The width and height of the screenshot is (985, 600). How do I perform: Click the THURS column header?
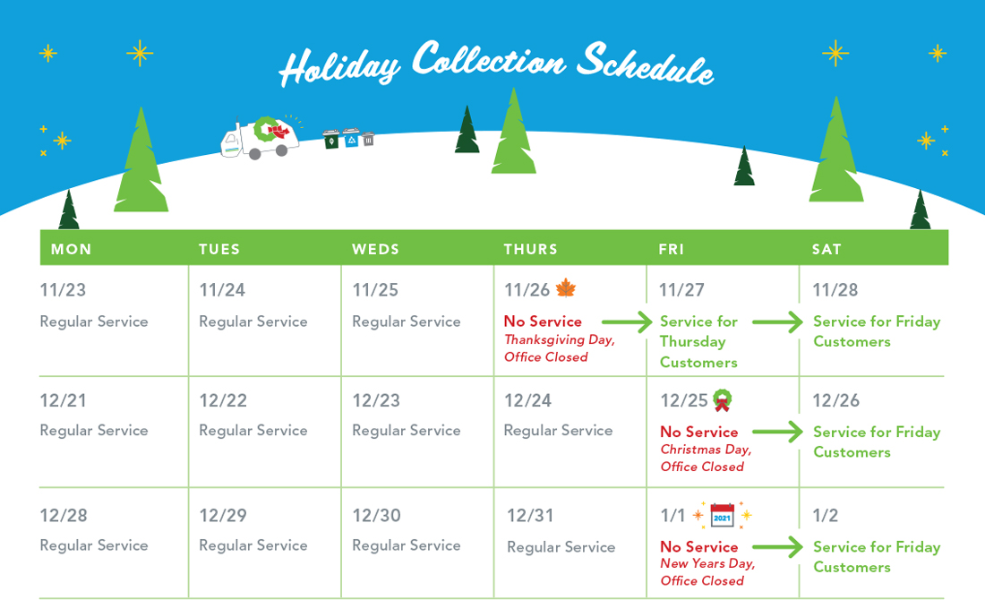(530, 249)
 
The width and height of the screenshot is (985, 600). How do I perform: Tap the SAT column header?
(827, 249)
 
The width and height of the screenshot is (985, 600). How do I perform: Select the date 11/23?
(63, 289)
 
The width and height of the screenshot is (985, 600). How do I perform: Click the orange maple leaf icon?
(566, 287)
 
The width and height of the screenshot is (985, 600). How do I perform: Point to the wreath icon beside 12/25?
(723, 400)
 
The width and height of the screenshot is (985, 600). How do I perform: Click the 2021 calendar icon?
(723, 515)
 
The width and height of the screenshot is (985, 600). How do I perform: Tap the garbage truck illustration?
(260, 138)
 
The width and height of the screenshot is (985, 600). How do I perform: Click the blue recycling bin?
(351, 138)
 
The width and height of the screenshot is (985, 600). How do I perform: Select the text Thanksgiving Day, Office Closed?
(559, 348)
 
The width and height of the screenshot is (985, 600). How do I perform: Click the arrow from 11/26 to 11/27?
(627, 321)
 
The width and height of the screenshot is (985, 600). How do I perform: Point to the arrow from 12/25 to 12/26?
(777, 432)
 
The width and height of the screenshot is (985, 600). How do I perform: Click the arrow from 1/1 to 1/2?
(777, 546)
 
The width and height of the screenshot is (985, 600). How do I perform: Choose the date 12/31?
(530, 515)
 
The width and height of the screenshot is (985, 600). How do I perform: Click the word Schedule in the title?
(645, 64)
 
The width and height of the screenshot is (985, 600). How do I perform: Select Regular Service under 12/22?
(253, 431)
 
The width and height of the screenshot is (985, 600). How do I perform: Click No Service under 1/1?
(699, 546)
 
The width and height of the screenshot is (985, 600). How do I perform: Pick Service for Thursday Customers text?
(698, 342)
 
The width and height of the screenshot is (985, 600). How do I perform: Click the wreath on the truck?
(265, 129)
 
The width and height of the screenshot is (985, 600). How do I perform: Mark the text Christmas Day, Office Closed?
(707, 458)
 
